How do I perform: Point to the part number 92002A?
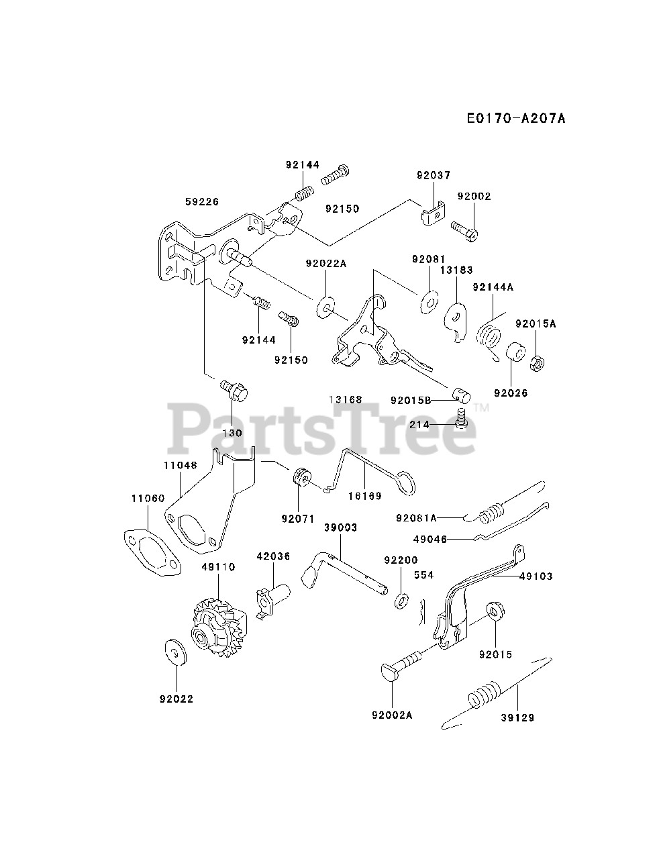pos(391,715)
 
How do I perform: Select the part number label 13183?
pos(456,270)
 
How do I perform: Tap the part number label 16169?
pos(366,496)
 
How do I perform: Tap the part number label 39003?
pos(340,527)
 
